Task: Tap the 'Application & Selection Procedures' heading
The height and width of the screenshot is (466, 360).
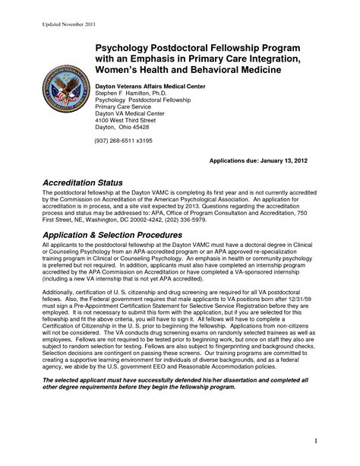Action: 115,236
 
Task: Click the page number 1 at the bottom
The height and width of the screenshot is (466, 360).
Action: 336,440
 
